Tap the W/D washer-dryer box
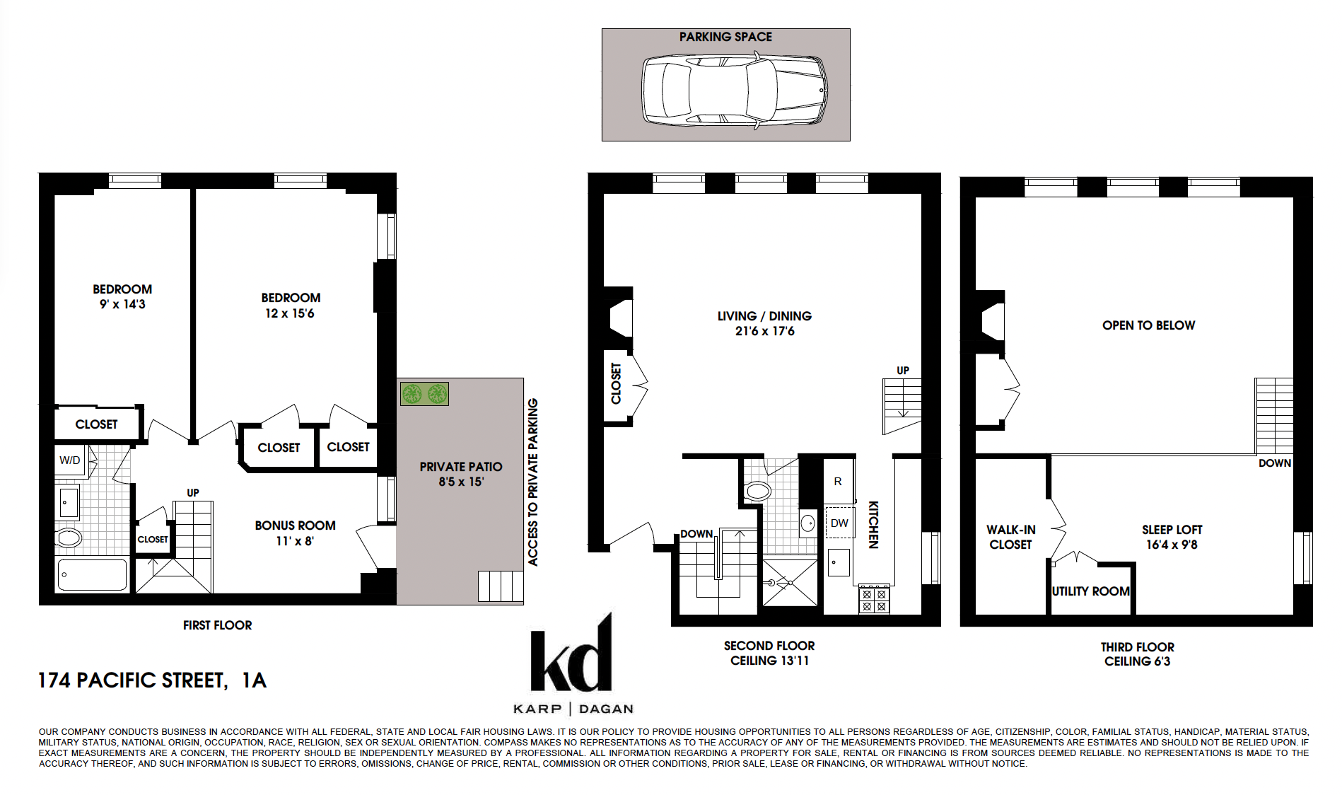[x=70, y=460]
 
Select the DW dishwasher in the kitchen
[x=839, y=523]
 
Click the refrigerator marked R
[x=839, y=481]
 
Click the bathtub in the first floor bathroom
[x=93, y=574]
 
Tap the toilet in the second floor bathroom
[x=757, y=491]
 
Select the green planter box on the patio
[x=424, y=393]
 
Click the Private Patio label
[x=461, y=467]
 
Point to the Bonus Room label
[x=296, y=526]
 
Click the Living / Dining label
[x=764, y=316]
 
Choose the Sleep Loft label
[x=1172, y=530]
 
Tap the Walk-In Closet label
[x=1010, y=537]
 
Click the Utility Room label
[x=1090, y=591]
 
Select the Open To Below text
[x=1148, y=325]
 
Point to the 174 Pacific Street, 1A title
[x=152, y=680]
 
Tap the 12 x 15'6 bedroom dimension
[x=290, y=313]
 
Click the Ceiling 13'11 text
[x=769, y=661]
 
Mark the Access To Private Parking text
[x=533, y=482]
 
